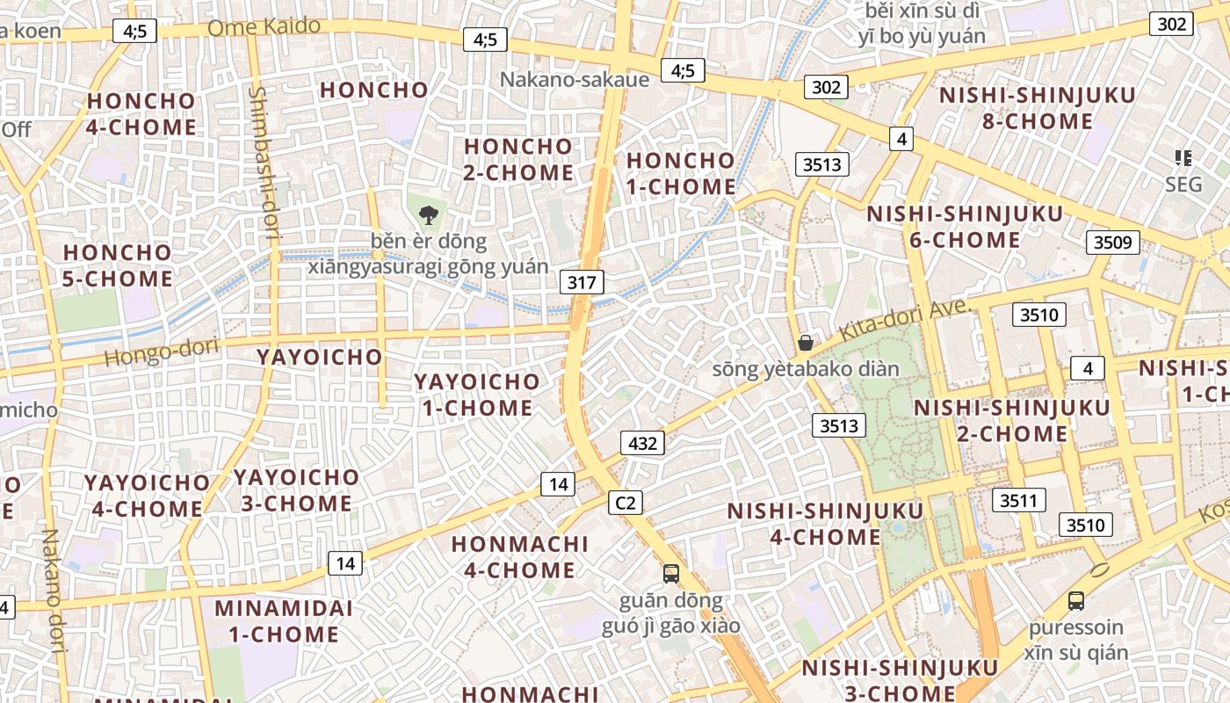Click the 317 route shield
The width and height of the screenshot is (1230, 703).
point(582,282)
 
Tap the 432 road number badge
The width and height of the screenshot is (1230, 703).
point(643,443)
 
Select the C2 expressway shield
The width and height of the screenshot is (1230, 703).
point(625,503)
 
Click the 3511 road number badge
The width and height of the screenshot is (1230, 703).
point(1019,500)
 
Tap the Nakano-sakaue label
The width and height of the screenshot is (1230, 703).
point(575,79)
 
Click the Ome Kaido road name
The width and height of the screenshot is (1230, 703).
point(264,27)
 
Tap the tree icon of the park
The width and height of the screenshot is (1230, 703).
point(428,214)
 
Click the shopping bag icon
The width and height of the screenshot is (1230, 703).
point(805,343)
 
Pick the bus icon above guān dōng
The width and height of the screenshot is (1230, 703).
point(670,574)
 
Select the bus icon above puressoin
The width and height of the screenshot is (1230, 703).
point(1075,601)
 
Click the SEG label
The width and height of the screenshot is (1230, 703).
point(1183,185)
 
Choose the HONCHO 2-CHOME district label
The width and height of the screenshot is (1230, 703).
point(518,159)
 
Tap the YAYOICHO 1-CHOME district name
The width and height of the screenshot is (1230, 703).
point(477,395)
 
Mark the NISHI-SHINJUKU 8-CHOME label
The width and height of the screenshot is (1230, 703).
point(1037,108)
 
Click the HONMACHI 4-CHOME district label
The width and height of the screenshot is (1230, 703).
point(519,557)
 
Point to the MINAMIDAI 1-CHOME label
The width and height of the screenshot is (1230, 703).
point(283,620)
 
